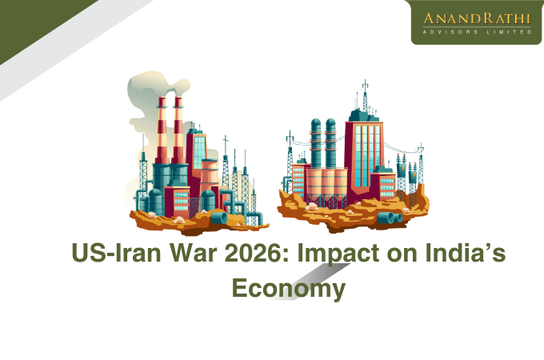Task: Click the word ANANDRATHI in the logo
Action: point(475,18)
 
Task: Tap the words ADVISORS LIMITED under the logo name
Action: point(475,33)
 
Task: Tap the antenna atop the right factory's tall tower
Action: point(365,94)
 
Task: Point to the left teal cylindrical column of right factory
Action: point(315,144)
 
